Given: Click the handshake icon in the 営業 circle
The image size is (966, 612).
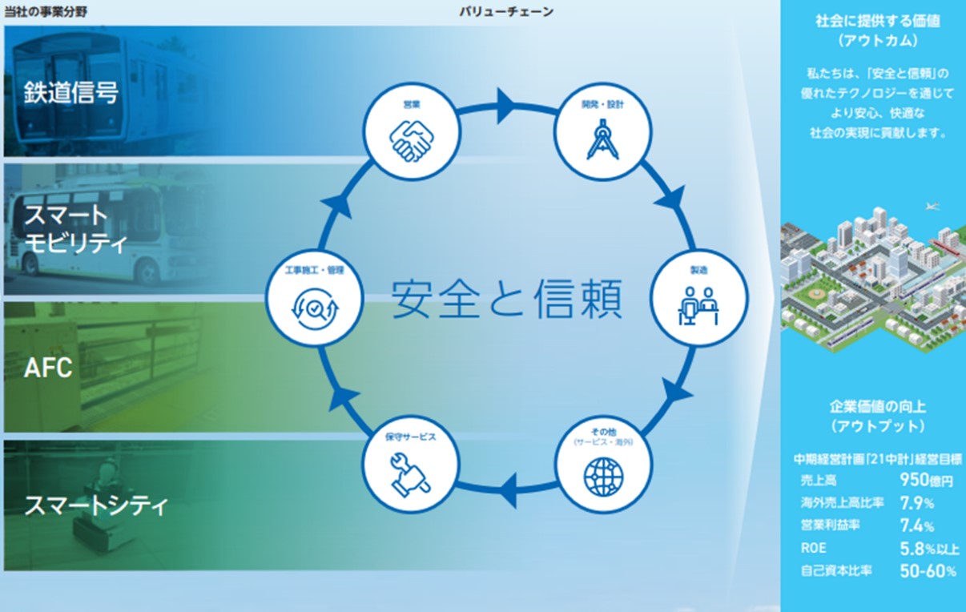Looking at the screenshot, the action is coord(412,141).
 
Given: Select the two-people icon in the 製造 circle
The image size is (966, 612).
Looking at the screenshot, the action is coord(698,306).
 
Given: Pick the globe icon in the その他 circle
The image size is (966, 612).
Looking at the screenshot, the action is coord(603,477).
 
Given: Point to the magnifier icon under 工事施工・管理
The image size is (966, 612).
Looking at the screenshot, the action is coord(315,308).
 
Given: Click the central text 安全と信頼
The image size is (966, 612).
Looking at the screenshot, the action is coord(507,299).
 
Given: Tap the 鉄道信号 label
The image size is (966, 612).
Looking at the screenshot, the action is coord(70,92).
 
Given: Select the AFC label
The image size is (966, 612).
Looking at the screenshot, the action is coord(48,368).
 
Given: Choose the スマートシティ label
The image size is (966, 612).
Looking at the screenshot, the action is coord(96,505).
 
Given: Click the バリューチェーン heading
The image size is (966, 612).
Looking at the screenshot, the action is coord(506,12).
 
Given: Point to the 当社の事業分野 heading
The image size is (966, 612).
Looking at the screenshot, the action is coord(46,12).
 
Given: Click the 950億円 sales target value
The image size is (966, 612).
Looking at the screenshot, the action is coord(926,480).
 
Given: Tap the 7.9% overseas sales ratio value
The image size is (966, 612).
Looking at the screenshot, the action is coord(917,503).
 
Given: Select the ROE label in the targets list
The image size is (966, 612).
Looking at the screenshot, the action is coord(813,548).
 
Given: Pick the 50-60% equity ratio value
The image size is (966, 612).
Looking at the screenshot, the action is coord(928,571).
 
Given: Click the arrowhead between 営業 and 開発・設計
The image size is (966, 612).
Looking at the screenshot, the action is coord(506,106).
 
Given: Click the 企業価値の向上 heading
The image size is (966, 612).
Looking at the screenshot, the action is coord(878,406).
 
